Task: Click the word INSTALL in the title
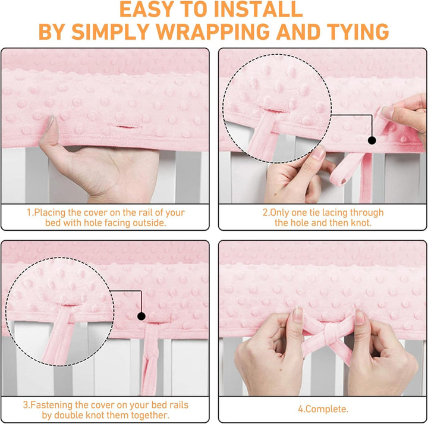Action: pyautogui.click(x=258, y=10)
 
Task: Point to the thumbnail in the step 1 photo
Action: pyautogui.click(x=51, y=123)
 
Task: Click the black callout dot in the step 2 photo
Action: pyautogui.click(x=372, y=140)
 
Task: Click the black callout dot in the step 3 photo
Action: pyautogui.click(x=141, y=316)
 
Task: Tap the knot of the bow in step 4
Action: pyautogui.click(x=331, y=331)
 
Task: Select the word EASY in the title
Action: pyautogui.click(x=146, y=10)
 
